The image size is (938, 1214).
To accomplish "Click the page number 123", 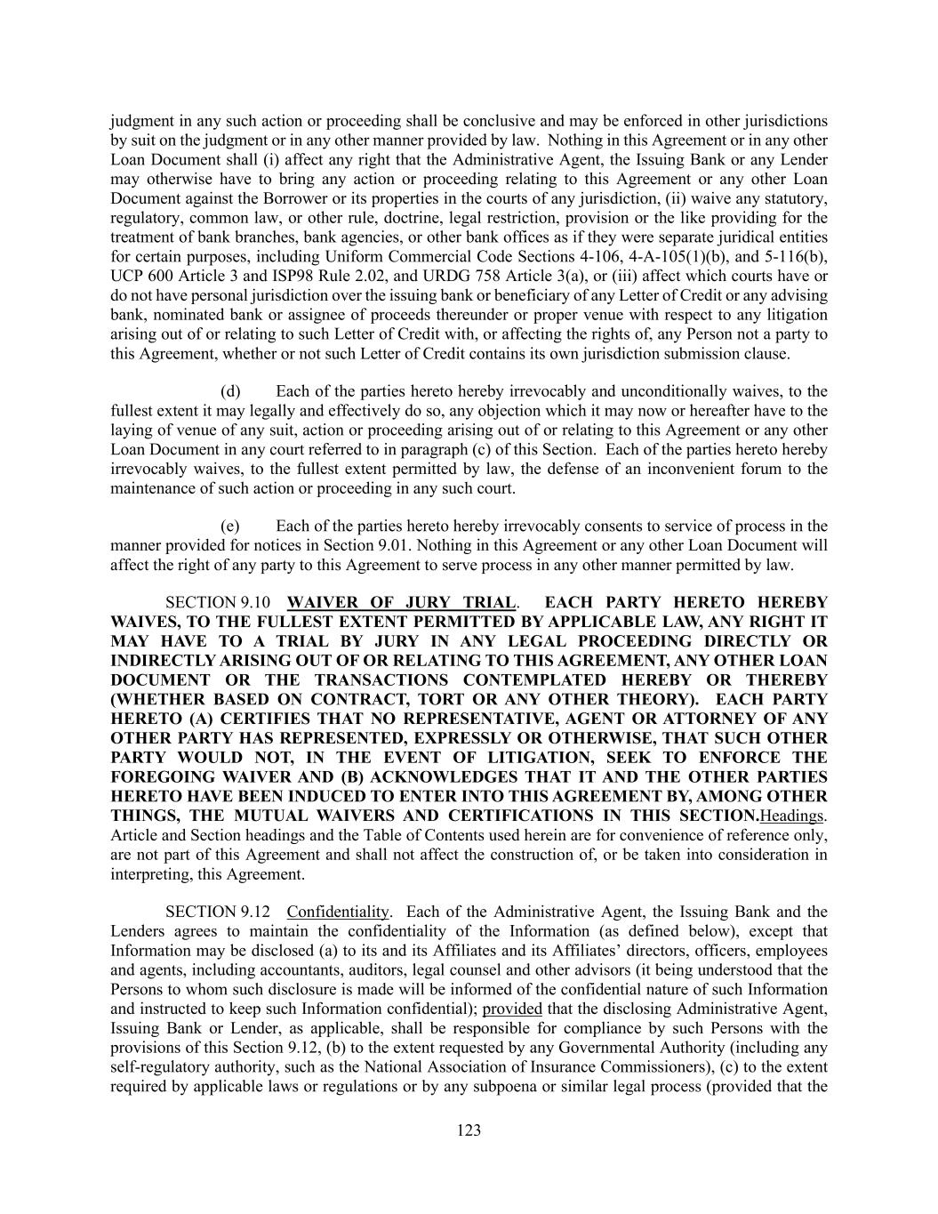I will pos(469,1130).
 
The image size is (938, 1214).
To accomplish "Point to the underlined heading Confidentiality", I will pos(338,912).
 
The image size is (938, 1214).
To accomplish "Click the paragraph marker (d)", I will pos(230,391).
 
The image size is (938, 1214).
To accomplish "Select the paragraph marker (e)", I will pos(230,526).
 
